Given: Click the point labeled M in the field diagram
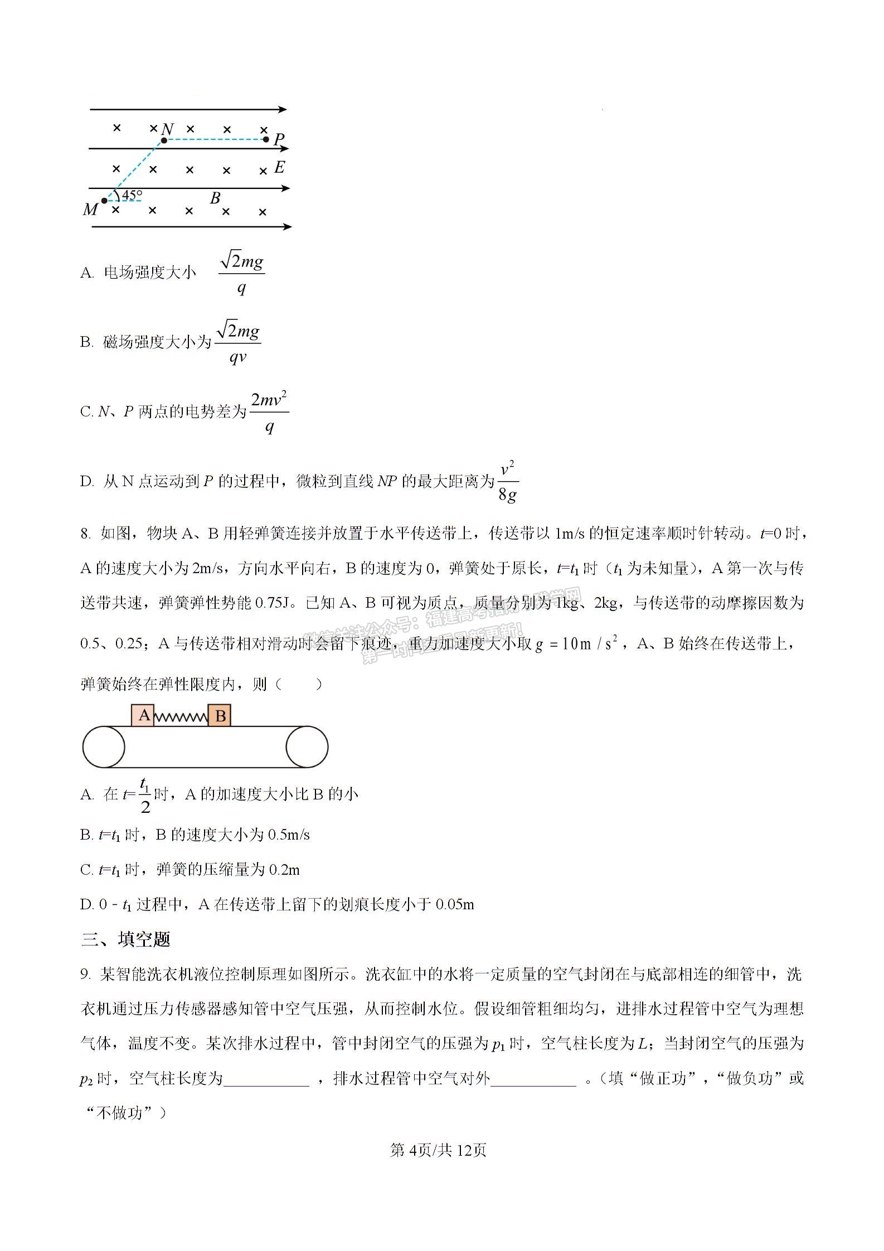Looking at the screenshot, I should (x=104, y=201).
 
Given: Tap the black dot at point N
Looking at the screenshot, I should (x=164, y=140).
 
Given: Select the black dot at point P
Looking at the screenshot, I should (x=266, y=139).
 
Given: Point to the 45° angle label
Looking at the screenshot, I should (x=132, y=195).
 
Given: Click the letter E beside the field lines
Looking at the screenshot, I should (x=279, y=167).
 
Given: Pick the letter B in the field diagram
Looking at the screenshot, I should (x=215, y=198).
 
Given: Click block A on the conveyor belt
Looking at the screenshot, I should (x=143, y=715).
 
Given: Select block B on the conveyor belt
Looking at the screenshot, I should (x=220, y=715).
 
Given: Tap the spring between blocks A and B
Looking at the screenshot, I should (x=181, y=717).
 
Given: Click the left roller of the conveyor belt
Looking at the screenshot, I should (x=104, y=747).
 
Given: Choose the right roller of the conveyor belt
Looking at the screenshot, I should (x=307, y=747).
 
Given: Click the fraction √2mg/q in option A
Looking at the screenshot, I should (x=241, y=273).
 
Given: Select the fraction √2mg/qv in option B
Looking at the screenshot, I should (x=238, y=343).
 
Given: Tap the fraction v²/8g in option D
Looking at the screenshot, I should (x=507, y=481).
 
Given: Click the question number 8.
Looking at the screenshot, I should (x=85, y=534).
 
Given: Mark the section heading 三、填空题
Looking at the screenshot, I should (x=125, y=940).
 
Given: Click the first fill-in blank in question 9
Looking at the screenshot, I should (x=266, y=1080).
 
